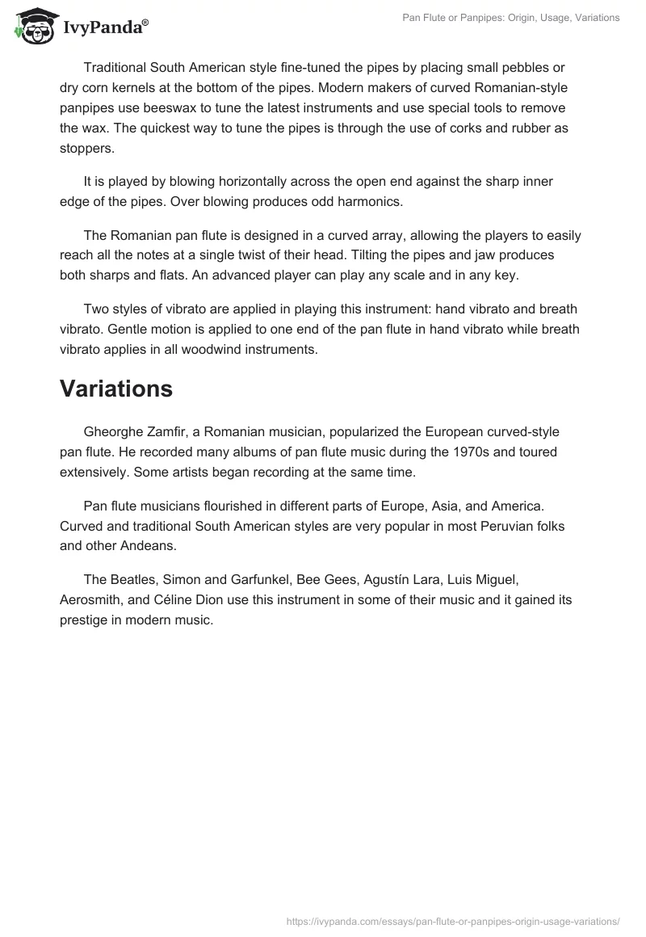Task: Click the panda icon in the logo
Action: pyautogui.click(x=31, y=26)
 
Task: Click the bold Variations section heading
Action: pyautogui.click(x=116, y=389)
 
